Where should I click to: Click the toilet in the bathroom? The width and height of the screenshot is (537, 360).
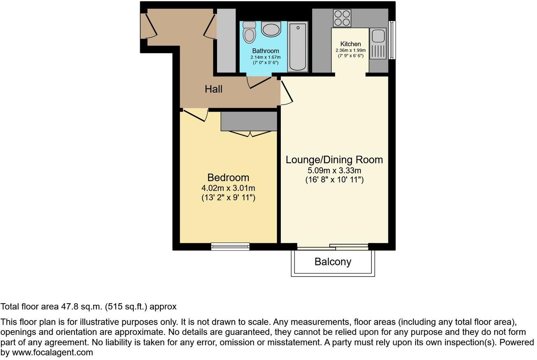(249, 33)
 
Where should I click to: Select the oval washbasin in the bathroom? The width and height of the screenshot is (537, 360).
(271, 30)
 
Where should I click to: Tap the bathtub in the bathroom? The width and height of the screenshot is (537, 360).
(297, 47)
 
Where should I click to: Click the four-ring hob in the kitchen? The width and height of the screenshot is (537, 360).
(342, 18)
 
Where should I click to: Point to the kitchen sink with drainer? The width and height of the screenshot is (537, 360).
(378, 43)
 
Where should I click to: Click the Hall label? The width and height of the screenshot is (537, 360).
(214, 89)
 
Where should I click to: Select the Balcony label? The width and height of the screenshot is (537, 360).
(333, 262)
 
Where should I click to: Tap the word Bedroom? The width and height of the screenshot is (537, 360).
(228, 178)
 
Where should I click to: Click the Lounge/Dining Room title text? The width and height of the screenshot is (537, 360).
(334, 160)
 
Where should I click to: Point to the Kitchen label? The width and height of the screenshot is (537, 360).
(350, 44)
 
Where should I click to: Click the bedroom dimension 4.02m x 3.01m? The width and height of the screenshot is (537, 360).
(228, 188)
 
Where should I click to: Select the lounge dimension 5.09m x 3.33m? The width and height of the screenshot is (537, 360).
(334, 170)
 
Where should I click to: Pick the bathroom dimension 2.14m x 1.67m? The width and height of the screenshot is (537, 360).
(266, 57)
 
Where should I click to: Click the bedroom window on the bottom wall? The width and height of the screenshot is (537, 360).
(230, 246)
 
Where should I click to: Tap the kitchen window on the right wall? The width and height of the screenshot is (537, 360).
(392, 40)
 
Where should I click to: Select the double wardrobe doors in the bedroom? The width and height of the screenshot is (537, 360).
(249, 133)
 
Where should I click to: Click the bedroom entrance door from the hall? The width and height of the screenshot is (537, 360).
(196, 115)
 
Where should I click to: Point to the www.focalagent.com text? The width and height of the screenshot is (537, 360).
(52, 353)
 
